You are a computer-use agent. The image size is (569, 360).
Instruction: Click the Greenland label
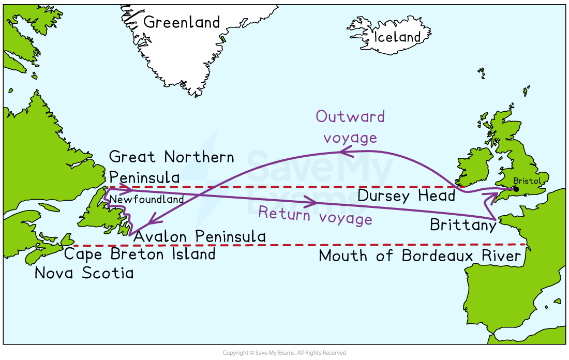click(182, 22)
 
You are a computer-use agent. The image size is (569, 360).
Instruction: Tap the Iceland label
click(397, 37)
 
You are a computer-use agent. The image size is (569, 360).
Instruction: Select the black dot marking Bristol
click(516, 189)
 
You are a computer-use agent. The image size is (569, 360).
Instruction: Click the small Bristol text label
click(527, 181)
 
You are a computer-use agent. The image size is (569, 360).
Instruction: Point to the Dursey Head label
click(406, 196)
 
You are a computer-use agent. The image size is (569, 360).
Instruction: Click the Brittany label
click(462, 225)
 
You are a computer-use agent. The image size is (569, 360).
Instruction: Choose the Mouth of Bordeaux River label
click(420, 256)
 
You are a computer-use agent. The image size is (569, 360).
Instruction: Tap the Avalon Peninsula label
click(200, 237)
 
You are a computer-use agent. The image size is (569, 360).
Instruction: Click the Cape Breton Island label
click(139, 254)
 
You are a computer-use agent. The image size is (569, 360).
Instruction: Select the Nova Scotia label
click(84, 273)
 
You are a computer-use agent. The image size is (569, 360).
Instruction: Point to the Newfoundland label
click(147, 200)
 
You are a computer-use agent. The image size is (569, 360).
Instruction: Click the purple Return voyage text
click(315, 216)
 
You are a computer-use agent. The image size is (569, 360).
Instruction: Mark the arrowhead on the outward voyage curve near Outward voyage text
click(345, 152)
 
